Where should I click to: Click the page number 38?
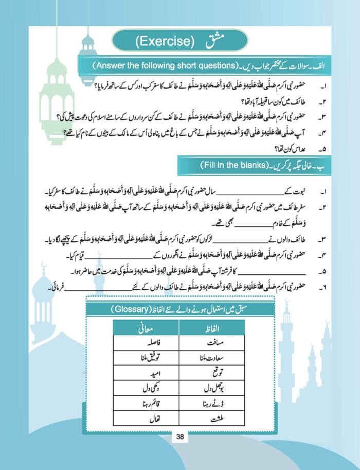point(180,437)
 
